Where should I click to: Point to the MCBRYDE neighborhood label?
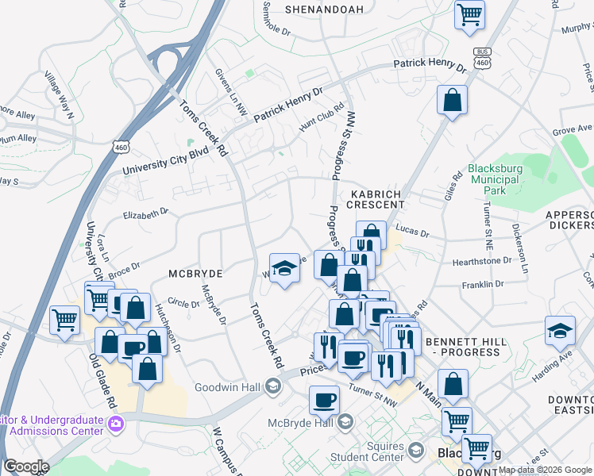point(195,273)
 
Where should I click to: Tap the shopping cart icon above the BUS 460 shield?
point(470,13)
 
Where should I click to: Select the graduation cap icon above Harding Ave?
point(560,331)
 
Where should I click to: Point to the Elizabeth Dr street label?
point(146,212)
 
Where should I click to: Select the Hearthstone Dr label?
point(482,260)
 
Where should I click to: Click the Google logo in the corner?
point(26,466)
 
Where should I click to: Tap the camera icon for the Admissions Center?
point(117,424)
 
